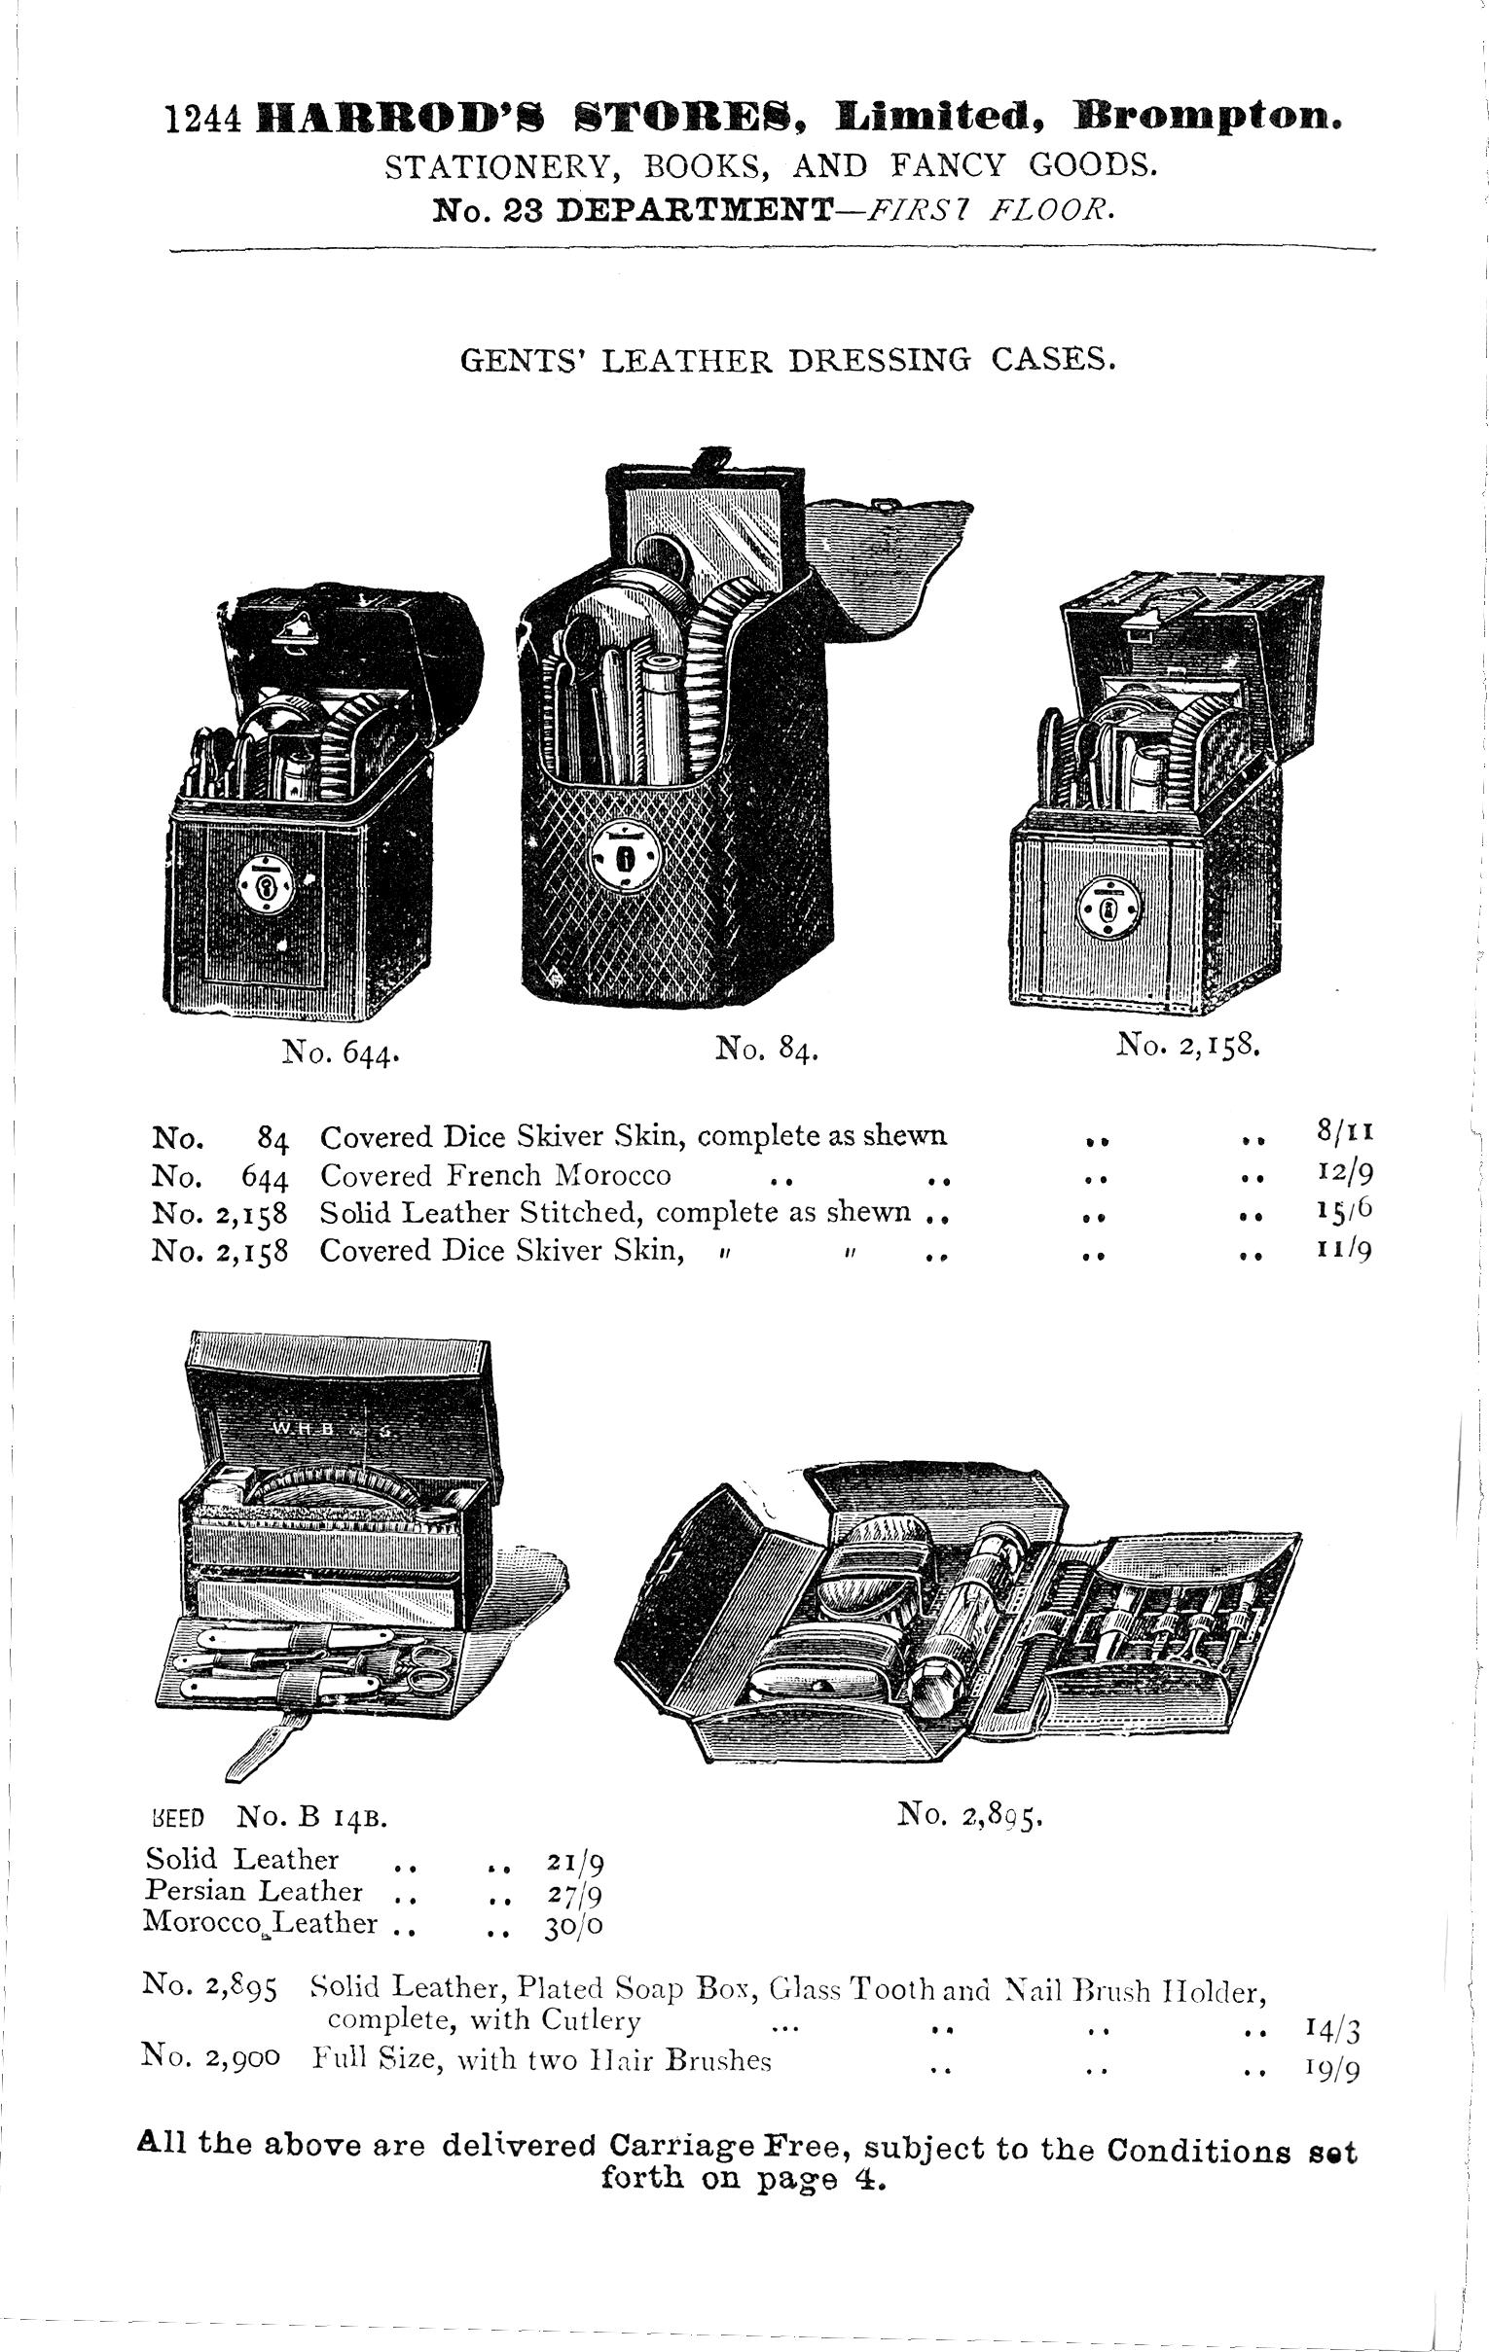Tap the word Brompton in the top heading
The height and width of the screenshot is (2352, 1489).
tap(1207, 117)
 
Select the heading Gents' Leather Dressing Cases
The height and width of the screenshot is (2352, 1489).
tap(786, 361)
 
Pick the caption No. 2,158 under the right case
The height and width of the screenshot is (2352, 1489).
tap(1191, 1047)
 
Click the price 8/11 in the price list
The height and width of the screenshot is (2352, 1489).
tap(1344, 1134)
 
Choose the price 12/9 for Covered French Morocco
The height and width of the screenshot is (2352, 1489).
tap(1344, 1172)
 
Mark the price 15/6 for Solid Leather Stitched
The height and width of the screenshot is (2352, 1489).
tap(1344, 1210)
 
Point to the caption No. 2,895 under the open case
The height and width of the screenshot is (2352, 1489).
tap(972, 1815)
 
